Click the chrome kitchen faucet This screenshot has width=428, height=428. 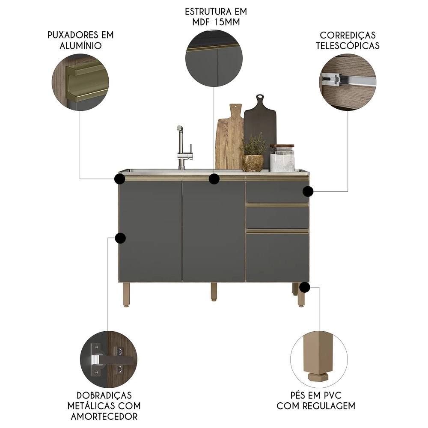pyautogui.click(x=181, y=148)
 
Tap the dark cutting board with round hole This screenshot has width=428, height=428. pyautogui.click(x=260, y=128)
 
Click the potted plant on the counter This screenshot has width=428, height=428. pyautogui.click(x=253, y=154)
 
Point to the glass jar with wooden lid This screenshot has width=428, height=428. pyautogui.click(x=282, y=158)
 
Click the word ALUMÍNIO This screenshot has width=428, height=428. pyautogui.click(x=80, y=45)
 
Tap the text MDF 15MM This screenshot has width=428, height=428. pyautogui.click(x=216, y=22)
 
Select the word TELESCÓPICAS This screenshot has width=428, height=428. pyautogui.click(x=348, y=45)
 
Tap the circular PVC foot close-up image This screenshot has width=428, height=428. pyautogui.click(x=319, y=360)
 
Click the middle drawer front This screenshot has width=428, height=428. pyautogui.click(x=277, y=217)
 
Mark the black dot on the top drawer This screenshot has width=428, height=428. pyautogui.click(x=308, y=191)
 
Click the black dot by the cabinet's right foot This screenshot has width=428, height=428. pyautogui.click(x=304, y=287)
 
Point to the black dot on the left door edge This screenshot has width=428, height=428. pyautogui.click(x=120, y=238)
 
